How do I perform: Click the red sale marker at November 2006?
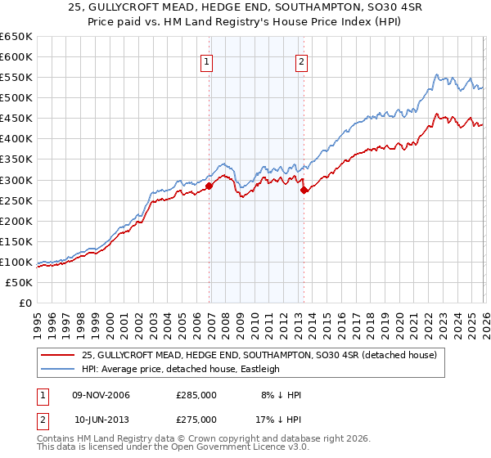[x=209, y=186]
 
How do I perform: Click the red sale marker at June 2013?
[x=304, y=190]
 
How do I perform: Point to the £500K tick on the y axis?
[x=16, y=97]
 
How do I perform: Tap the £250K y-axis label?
[x=16, y=200]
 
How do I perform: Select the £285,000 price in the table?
[x=196, y=395]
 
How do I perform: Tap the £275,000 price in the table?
[x=196, y=419]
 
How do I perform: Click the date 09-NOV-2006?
[x=101, y=395]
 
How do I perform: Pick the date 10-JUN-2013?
[x=101, y=419]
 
